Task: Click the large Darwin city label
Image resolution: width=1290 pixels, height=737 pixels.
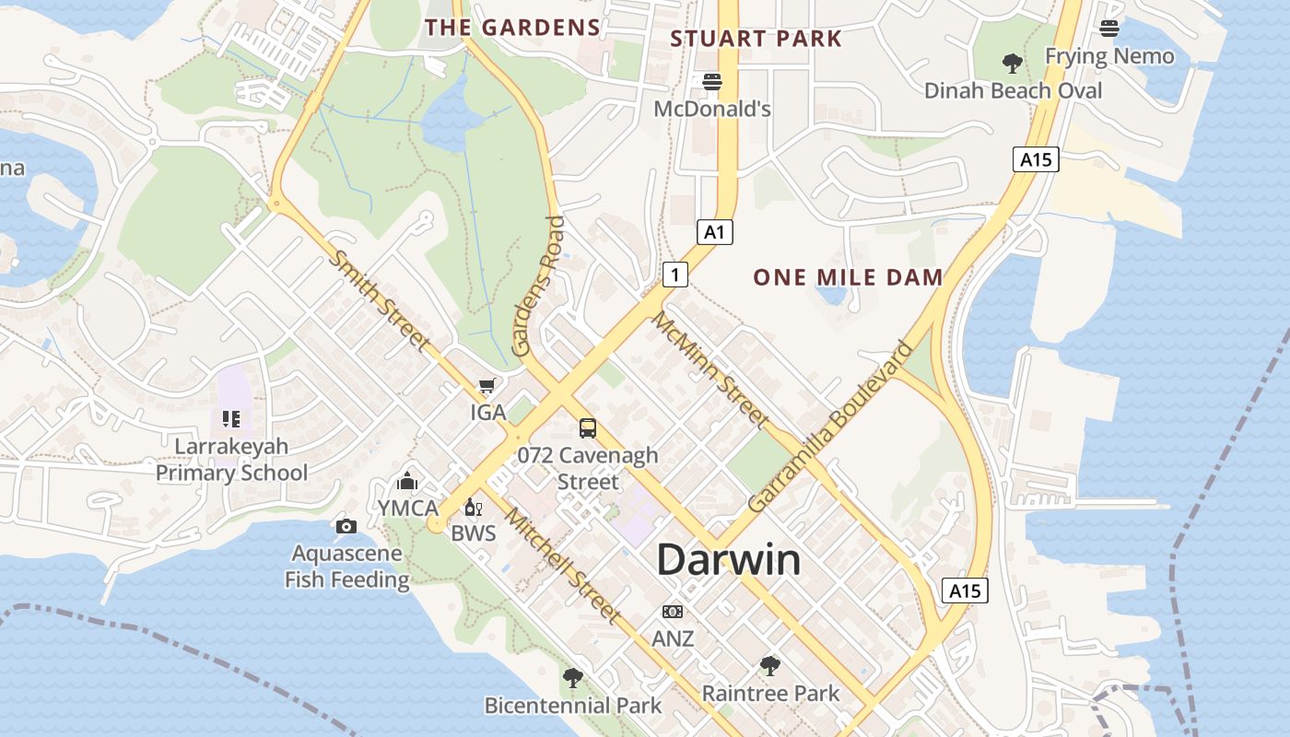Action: [729, 560]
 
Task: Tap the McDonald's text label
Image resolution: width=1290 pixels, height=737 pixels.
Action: [712, 109]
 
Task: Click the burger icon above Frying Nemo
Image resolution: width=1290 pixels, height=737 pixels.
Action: [1109, 29]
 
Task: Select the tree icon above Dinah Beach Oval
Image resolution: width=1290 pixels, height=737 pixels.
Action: [1013, 64]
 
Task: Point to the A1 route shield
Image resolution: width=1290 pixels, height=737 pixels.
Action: [714, 232]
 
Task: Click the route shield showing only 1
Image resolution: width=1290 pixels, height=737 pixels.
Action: [675, 274]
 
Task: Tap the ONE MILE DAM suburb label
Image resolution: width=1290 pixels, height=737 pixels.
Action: [848, 277]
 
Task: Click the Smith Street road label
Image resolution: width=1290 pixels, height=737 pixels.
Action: [380, 300]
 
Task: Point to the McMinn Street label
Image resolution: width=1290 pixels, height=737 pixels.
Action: [710, 369]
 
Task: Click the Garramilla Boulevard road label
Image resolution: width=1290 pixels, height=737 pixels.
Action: [829, 427]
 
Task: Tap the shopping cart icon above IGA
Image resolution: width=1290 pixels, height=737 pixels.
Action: [487, 386]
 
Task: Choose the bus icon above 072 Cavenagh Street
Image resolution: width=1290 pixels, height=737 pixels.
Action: [588, 427]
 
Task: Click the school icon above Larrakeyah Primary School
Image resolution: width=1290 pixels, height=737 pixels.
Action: [231, 419]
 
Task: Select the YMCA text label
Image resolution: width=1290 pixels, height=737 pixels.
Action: [407, 508]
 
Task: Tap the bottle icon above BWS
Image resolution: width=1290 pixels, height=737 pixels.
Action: [473, 508]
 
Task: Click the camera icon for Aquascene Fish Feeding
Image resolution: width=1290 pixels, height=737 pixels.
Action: [346, 526]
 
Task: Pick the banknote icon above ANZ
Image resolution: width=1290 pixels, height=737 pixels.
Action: [673, 612]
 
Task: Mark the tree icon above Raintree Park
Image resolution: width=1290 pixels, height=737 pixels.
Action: [770, 665]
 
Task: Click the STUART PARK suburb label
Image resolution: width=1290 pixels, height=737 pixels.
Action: [756, 39]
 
